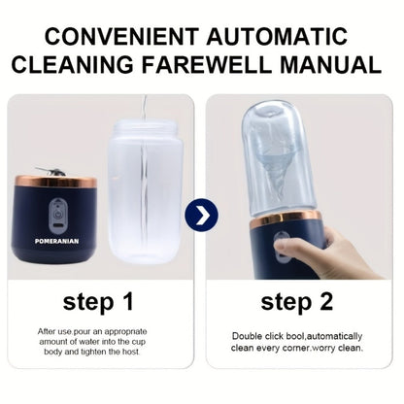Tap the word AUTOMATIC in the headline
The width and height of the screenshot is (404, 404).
277,36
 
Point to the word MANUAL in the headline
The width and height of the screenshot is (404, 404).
330,64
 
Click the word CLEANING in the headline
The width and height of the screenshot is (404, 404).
72,64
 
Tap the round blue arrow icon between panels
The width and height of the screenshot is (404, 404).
202,216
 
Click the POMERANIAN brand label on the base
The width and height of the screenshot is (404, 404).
56,241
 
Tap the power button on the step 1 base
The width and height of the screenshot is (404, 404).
57,214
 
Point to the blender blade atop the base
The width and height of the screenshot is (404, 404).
50,172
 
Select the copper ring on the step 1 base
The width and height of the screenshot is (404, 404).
56,182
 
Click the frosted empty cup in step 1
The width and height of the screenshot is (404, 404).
146,191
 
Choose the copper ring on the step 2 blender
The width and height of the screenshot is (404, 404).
286,219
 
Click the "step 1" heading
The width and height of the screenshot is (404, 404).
98,302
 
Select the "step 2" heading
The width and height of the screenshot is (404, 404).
297,302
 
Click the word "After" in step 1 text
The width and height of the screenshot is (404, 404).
47,331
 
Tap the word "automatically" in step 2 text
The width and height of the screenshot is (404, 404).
334,337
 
